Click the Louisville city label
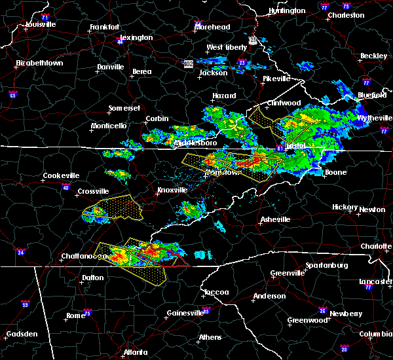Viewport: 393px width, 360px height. tap(41, 25)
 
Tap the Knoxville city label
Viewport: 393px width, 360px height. tap(172, 190)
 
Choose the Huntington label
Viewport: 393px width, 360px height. tap(287, 11)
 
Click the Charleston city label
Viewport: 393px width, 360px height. tap(346, 15)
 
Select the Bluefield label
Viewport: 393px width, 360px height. tap(371, 96)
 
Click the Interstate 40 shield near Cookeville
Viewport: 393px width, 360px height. tap(65, 188)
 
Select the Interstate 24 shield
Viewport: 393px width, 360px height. tap(20, 252)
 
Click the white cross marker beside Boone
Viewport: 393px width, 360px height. tap(321, 173)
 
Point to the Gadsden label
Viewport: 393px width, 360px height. tap(22, 334)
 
